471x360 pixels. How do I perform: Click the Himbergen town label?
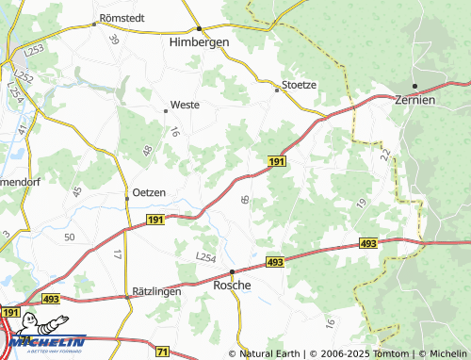(200, 42)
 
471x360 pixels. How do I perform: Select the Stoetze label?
(297, 84)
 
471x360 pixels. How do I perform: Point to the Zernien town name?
(415, 99)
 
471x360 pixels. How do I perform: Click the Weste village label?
(184, 106)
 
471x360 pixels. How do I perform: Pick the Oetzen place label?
(149, 192)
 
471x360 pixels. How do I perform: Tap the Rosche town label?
(233, 284)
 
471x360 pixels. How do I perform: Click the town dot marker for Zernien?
(414, 86)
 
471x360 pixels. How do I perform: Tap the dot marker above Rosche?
(233, 270)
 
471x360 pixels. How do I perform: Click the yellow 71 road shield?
(163, 351)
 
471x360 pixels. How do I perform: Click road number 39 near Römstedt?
(114, 40)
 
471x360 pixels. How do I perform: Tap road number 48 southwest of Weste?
(147, 150)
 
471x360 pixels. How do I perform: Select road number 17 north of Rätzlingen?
(117, 254)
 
